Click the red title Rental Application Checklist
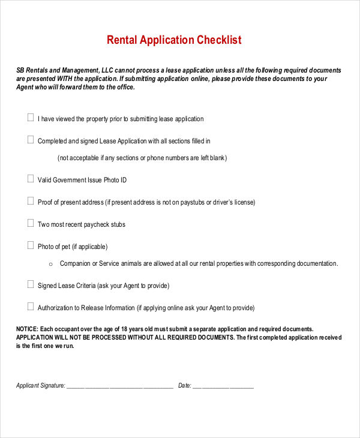(x=174, y=40)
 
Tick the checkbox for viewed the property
(x=31, y=118)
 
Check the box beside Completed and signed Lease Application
(x=31, y=140)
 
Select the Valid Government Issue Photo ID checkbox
(x=31, y=179)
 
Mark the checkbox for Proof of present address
(x=31, y=201)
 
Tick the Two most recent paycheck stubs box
(x=31, y=223)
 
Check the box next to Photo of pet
(x=31, y=245)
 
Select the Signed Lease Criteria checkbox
(x=31, y=284)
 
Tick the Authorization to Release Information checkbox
(x=31, y=307)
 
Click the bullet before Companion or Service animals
(x=50, y=264)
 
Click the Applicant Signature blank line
(x=119, y=386)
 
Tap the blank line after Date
(x=223, y=386)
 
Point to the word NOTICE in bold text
(x=27, y=329)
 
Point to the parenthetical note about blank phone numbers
(x=142, y=158)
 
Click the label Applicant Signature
(x=40, y=386)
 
